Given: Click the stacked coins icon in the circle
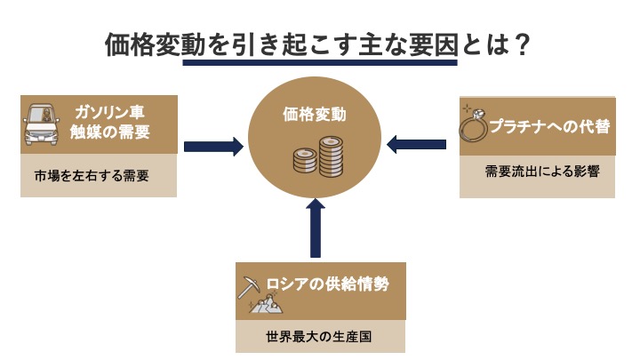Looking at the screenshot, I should click(317, 157).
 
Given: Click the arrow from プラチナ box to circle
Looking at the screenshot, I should click(419, 141).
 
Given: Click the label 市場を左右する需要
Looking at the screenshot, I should click(85, 176).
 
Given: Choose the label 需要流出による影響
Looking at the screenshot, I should click(537, 172).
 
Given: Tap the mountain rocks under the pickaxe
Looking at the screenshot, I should click(264, 306).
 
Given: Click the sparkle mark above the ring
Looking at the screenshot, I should click(465, 107).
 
